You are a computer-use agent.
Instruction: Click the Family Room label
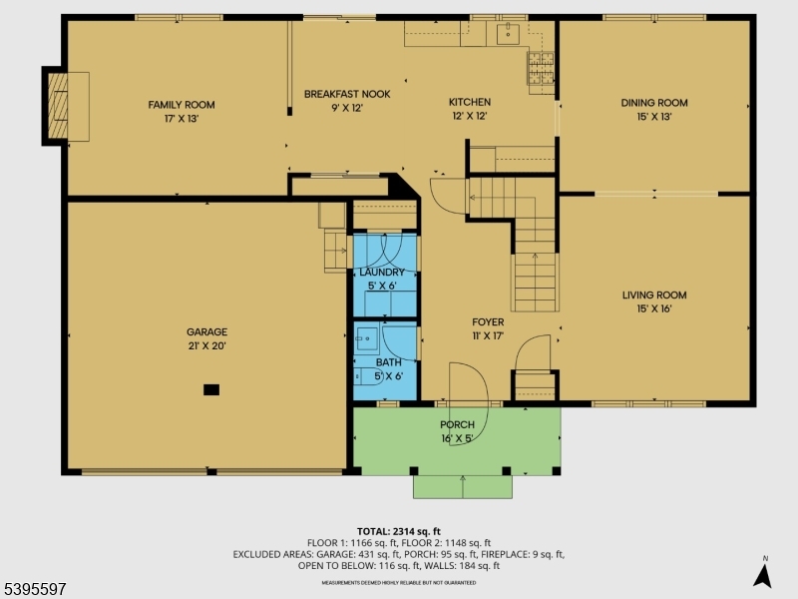(x=182, y=105)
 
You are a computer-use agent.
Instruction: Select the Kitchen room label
(x=469, y=102)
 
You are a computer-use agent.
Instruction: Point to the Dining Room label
(x=654, y=103)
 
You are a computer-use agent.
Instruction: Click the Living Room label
(x=654, y=295)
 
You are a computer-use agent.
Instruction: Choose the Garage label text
(x=206, y=332)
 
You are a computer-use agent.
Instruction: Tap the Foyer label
(x=488, y=322)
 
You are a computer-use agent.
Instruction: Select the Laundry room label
(x=382, y=273)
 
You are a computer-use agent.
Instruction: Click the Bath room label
(x=388, y=362)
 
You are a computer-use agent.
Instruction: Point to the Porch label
(x=458, y=425)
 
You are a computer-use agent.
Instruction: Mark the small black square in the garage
(x=210, y=389)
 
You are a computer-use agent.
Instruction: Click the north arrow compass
(x=763, y=573)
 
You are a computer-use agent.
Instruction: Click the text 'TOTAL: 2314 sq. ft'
(x=398, y=531)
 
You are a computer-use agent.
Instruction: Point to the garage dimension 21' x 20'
(x=206, y=346)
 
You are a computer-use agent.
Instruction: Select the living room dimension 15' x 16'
(x=654, y=308)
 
